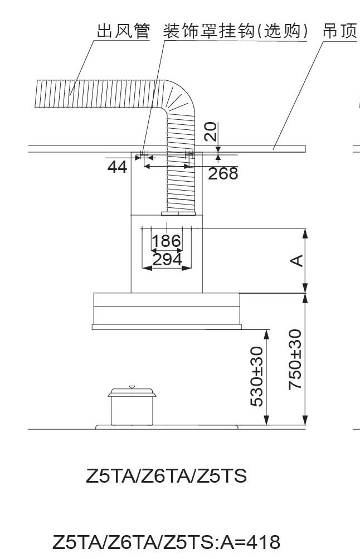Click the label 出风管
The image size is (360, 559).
tap(123, 31)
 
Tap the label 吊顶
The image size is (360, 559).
tap(339, 31)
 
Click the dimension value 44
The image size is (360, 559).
tap(117, 167)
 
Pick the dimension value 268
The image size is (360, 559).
tap(223, 173)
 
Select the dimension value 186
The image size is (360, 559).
tap(167, 241)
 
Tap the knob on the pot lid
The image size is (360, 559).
tap(132, 386)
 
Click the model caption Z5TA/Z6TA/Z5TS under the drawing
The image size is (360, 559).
tap(166, 477)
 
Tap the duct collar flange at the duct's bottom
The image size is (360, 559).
tap(178, 213)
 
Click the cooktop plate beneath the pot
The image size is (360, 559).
tap(167, 427)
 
